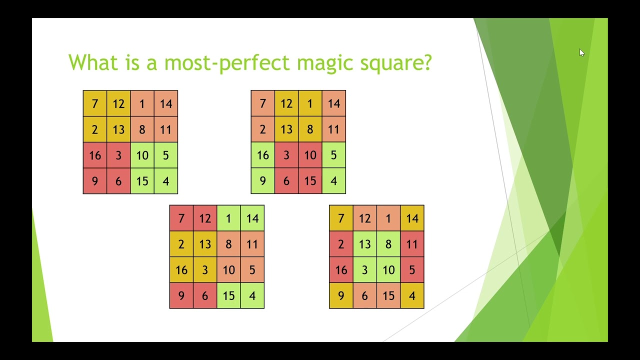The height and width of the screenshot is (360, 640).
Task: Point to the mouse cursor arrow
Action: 581,52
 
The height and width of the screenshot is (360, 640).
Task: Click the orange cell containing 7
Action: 262,103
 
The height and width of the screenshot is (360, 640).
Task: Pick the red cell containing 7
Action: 181,218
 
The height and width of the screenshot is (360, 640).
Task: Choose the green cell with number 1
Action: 228,218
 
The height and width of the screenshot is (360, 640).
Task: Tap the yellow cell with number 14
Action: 412,218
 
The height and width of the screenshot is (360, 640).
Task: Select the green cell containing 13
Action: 364,244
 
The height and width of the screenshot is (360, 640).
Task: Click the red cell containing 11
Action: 412,244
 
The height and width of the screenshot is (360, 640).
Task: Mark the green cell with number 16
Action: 262,155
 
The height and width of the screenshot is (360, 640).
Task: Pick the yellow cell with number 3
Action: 205,270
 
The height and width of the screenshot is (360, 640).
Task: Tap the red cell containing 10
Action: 310,155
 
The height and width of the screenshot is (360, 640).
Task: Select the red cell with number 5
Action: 412,270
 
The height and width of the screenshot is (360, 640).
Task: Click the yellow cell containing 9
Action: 341,296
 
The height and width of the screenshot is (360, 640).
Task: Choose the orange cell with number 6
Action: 364,296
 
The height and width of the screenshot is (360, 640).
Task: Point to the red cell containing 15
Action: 310,181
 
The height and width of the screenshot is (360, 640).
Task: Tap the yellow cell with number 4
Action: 412,296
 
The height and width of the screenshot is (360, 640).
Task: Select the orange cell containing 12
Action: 364,218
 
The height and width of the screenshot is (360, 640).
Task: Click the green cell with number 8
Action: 388,244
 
